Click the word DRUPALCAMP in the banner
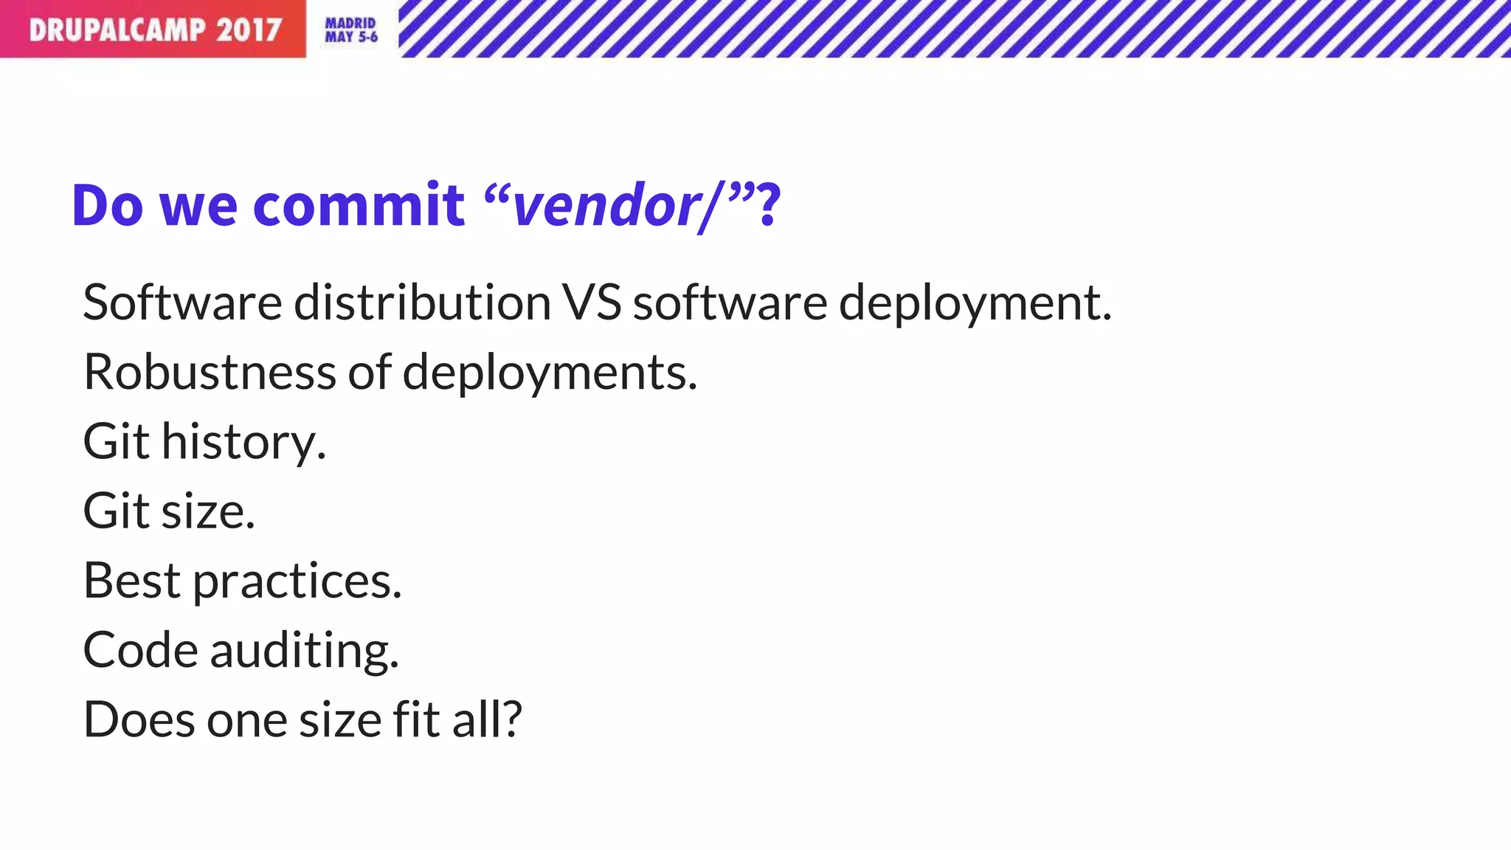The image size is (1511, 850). coord(117,30)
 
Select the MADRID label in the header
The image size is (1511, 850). coord(350,23)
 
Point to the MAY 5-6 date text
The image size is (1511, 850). coord(351,37)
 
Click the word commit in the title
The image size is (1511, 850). coord(359,205)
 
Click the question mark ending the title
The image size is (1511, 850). coord(768,205)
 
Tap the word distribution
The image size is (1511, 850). coord(422,303)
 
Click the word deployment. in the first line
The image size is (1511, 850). coord(975,304)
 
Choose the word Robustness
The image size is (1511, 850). coord(210,372)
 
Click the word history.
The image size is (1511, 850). coord(243,442)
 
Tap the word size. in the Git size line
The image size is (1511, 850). coord(208,511)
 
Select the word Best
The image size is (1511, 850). coord(132,581)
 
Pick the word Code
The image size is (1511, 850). coord(140,650)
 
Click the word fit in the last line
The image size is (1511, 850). coord(417,719)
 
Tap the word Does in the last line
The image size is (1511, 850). coord(139,719)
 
